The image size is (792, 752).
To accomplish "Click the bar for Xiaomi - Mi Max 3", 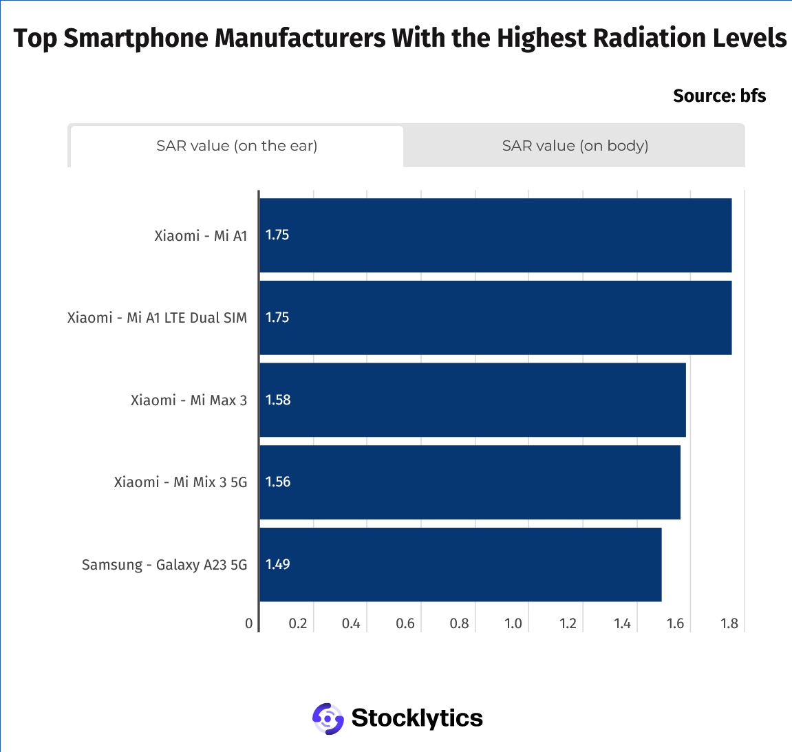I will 473,400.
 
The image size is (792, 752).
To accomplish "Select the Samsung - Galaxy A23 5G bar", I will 460,565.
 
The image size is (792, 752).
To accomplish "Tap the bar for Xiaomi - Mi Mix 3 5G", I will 470,482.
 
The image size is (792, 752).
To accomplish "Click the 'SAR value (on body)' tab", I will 575,146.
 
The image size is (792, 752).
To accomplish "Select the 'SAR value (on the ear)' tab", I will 237,146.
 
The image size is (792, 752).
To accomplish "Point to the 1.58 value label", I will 278,400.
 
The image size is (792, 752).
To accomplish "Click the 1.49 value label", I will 278,564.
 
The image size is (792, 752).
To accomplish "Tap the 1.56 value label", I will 278,482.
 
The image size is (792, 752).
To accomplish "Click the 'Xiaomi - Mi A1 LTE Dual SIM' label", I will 157,318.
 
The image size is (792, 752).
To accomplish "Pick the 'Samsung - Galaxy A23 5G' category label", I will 164,565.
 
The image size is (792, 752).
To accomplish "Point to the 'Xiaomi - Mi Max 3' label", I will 189,400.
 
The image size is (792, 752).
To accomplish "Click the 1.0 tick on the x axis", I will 513,623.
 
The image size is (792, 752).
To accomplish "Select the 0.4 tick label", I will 351,623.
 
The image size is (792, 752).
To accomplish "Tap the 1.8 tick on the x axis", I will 729,623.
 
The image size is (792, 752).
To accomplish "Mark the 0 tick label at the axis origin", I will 249,623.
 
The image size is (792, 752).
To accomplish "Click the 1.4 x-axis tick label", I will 622,623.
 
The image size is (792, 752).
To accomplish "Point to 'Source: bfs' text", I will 719,96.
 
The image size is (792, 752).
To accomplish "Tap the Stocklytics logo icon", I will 328,719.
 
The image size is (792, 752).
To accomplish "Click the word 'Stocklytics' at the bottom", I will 417,718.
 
